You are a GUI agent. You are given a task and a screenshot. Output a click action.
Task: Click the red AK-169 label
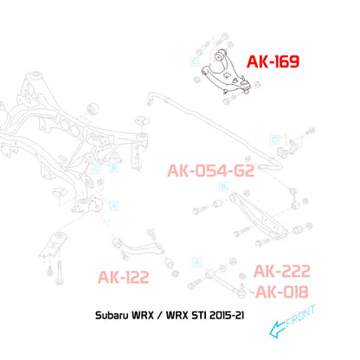273,61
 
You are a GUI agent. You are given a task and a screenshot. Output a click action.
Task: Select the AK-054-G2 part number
210,170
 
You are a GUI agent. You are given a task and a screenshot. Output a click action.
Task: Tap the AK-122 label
124,277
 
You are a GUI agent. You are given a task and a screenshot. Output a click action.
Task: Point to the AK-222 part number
282,271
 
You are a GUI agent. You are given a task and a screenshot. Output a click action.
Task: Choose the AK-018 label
282,292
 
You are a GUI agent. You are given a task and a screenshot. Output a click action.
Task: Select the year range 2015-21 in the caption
227,315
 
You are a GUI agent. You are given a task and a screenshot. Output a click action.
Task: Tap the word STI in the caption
199,315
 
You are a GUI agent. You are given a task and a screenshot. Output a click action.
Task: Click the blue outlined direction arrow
278,329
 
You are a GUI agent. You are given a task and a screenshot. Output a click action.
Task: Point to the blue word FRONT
300,317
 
